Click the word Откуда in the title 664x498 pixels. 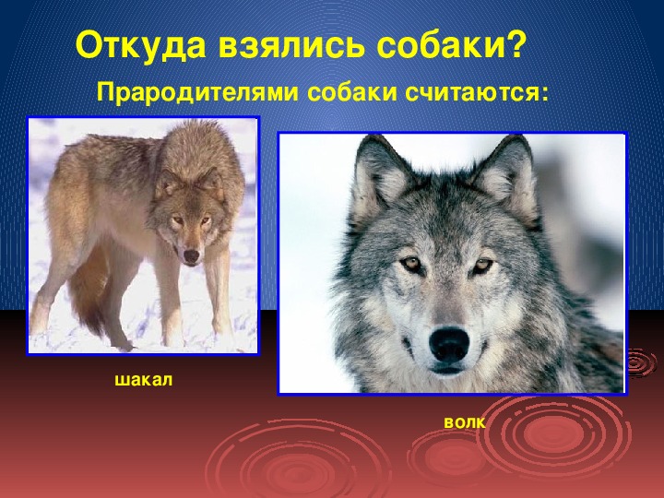click(140, 44)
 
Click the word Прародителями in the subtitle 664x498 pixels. click(197, 92)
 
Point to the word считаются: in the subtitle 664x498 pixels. click(477, 92)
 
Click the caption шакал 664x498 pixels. click(144, 380)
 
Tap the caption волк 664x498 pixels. click(465, 422)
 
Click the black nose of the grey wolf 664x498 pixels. click(449, 343)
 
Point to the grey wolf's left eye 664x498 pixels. click(410, 265)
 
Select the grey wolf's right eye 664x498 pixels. click(482, 266)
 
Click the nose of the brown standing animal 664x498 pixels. click(192, 255)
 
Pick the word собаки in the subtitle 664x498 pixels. click(352, 92)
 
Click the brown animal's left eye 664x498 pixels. click(178, 220)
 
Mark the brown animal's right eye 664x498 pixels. click(206, 220)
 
